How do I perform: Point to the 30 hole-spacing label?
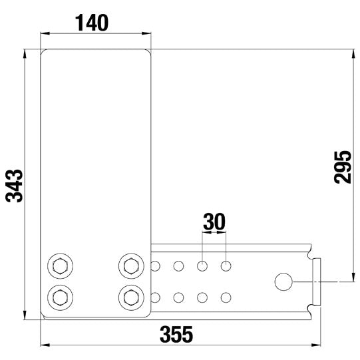pos(214,221)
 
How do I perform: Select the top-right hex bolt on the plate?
pos(130,267)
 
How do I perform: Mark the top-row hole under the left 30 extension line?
pos(202,267)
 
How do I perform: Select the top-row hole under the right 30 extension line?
pos(226,267)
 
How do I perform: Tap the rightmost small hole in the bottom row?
pos(226,297)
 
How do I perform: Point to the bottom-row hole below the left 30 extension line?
pos(202,297)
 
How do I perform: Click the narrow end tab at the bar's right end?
pos(317,281)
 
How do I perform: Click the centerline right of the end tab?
pos(336,282)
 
